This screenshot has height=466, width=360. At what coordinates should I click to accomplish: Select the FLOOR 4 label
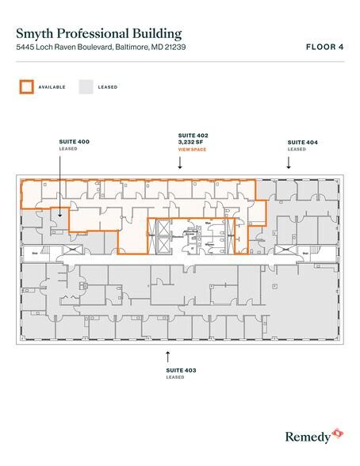tap(324, 47)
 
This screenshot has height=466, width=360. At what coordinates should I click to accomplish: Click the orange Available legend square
tap(27, 86)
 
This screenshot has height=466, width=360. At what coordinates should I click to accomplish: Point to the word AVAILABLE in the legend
tap(52, 87)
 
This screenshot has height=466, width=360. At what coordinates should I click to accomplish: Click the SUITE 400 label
tap(74, 141)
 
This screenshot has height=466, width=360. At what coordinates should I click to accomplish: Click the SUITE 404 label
tap(301, 141)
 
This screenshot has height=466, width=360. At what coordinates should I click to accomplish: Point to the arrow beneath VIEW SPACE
tap(181, 163)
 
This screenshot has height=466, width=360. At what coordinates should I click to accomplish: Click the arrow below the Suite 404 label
tap(288, 162)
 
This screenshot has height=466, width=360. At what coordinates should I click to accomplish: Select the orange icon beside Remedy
tap(338, 434)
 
